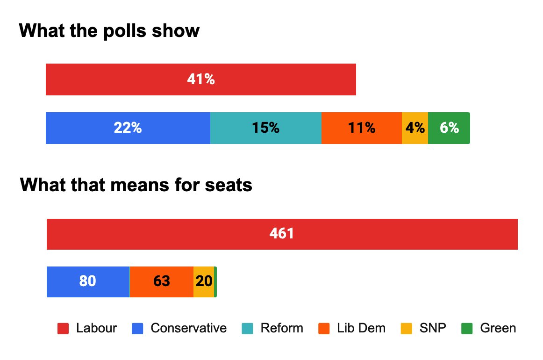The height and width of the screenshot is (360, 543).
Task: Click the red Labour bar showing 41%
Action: point(201,80)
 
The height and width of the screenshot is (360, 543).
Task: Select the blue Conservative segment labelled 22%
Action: point(128,128)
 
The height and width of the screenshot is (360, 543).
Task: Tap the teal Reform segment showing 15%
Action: point(265,128)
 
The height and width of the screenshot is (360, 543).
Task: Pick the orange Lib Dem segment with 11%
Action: point(361,128)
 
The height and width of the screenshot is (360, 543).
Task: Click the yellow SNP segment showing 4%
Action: point(415,128)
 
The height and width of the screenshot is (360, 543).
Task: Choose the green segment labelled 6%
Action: point(449,128)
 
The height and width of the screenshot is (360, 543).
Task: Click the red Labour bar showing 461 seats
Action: point(282,234)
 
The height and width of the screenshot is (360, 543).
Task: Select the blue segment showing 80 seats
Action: point(88,281)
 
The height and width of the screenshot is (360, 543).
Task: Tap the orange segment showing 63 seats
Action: point(161,281)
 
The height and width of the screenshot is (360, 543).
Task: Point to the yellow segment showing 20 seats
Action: point(204,281)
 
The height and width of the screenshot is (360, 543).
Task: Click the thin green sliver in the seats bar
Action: point(215,281)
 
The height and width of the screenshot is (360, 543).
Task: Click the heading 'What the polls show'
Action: point(109,31)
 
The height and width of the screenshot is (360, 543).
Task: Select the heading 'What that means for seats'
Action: point(136,186)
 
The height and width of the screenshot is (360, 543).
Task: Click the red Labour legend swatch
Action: point(63,329)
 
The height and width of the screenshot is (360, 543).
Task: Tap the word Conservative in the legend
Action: point(188,329)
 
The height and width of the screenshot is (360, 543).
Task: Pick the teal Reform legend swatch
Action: point(247,329)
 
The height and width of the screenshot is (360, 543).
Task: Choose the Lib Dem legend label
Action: point(361,329)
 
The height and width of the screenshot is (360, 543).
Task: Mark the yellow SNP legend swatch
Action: point(407,329)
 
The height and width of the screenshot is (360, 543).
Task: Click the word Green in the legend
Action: point(498,329)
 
